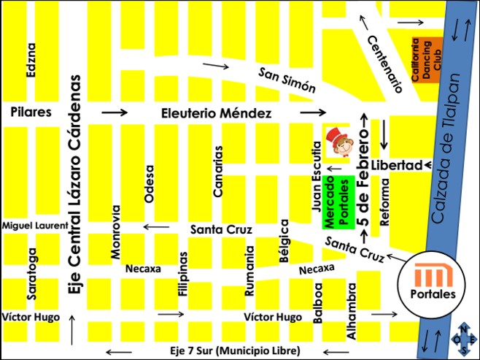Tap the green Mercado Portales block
click(x=338, y=202)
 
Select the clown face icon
click(x=339, y=141)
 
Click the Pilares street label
click(x=31, y=112)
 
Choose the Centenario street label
click(x=384, y=64)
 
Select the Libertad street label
click(x=396, y=165)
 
